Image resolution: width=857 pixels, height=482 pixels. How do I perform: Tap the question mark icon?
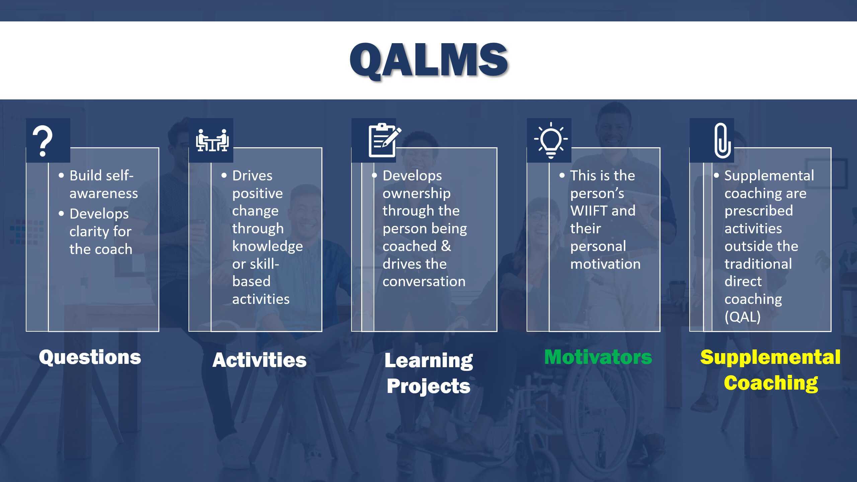42,141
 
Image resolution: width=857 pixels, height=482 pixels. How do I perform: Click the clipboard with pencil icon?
384,140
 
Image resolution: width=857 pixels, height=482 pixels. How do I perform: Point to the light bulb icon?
551,140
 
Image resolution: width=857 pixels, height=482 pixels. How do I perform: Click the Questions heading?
90,357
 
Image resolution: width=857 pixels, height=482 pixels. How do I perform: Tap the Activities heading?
259,360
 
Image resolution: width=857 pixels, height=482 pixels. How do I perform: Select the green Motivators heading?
598,357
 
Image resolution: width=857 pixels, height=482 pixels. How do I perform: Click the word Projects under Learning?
428,386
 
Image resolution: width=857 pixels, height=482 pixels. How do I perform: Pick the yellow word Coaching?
771,382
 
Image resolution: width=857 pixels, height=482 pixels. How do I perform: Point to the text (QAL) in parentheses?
743,317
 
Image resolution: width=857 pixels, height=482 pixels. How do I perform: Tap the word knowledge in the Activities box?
267,246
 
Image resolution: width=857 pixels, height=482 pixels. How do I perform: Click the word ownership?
416,193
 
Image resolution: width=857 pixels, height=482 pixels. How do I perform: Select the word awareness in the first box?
103,193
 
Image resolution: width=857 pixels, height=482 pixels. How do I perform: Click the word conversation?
424,282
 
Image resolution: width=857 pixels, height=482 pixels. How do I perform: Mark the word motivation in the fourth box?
605,264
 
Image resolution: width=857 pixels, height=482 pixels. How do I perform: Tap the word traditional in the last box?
758,264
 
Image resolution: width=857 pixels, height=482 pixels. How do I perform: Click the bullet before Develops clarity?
61,214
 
